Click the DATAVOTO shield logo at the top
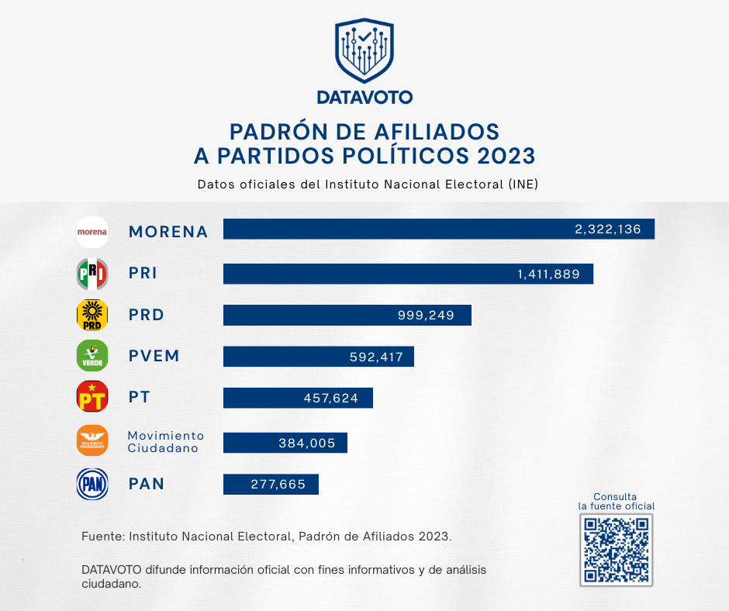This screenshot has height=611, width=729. [364, 51]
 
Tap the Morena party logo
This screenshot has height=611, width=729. [92, 231]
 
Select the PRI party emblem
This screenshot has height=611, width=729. [92, 273]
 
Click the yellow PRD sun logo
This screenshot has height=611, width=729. [92, 315]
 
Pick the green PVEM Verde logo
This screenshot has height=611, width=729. [92, 356]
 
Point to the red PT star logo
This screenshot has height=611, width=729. [92, 398]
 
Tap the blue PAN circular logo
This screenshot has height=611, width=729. [92, 484]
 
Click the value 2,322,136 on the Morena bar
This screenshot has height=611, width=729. [607, 230]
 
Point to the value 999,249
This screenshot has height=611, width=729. [423, 315]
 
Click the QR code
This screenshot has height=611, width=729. [617, 550]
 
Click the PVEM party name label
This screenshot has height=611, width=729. [154, 356]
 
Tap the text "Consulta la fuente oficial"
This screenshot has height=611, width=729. [616, 501]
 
